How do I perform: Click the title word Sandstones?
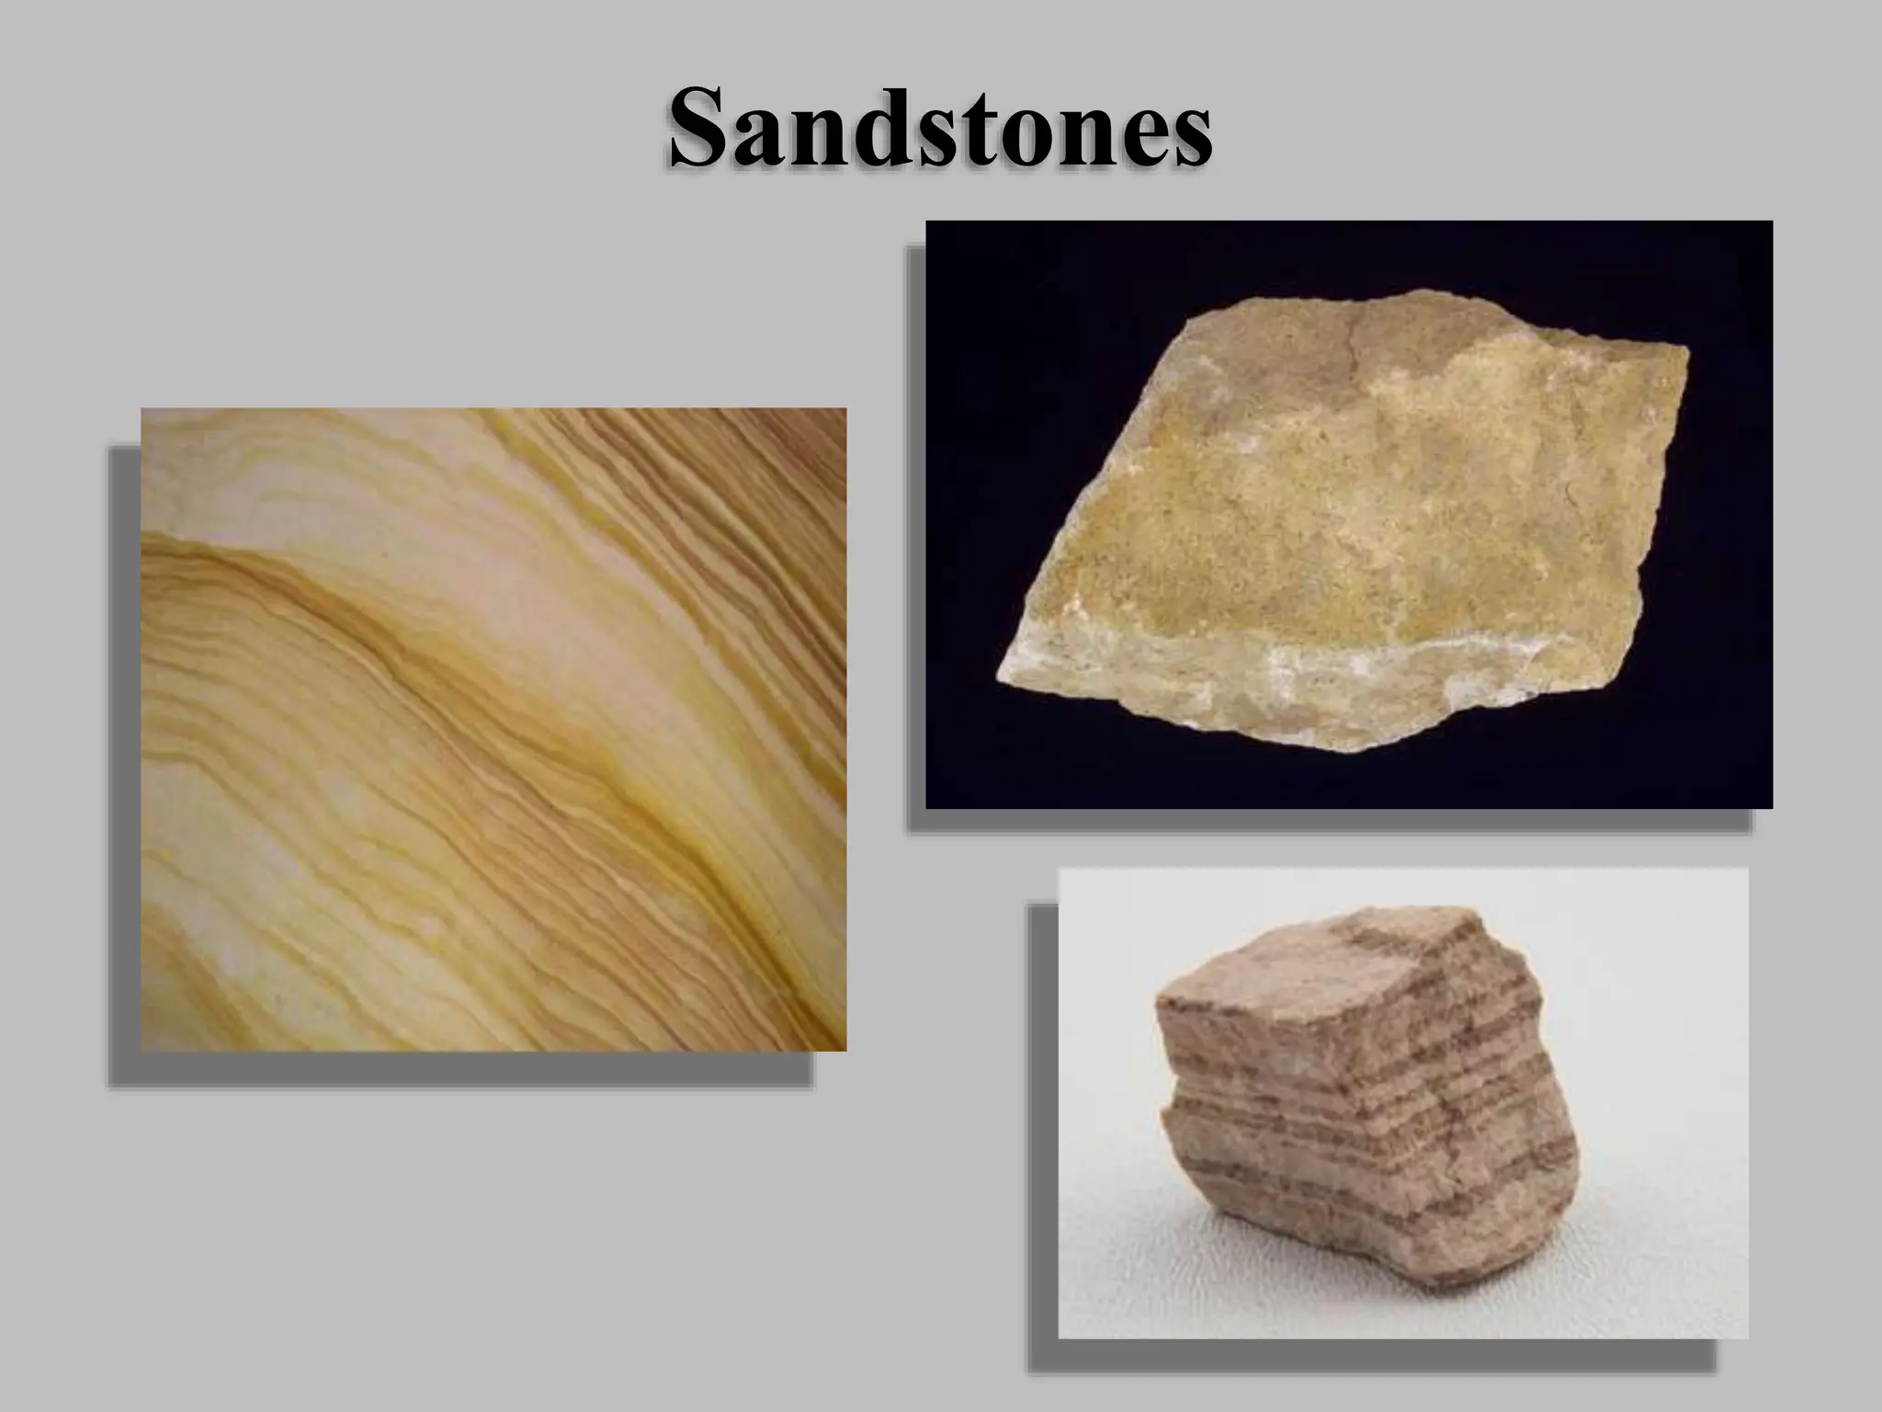coord(940,129)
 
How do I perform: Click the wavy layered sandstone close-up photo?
coord(493,729)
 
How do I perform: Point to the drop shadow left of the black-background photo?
coord(915,533)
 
